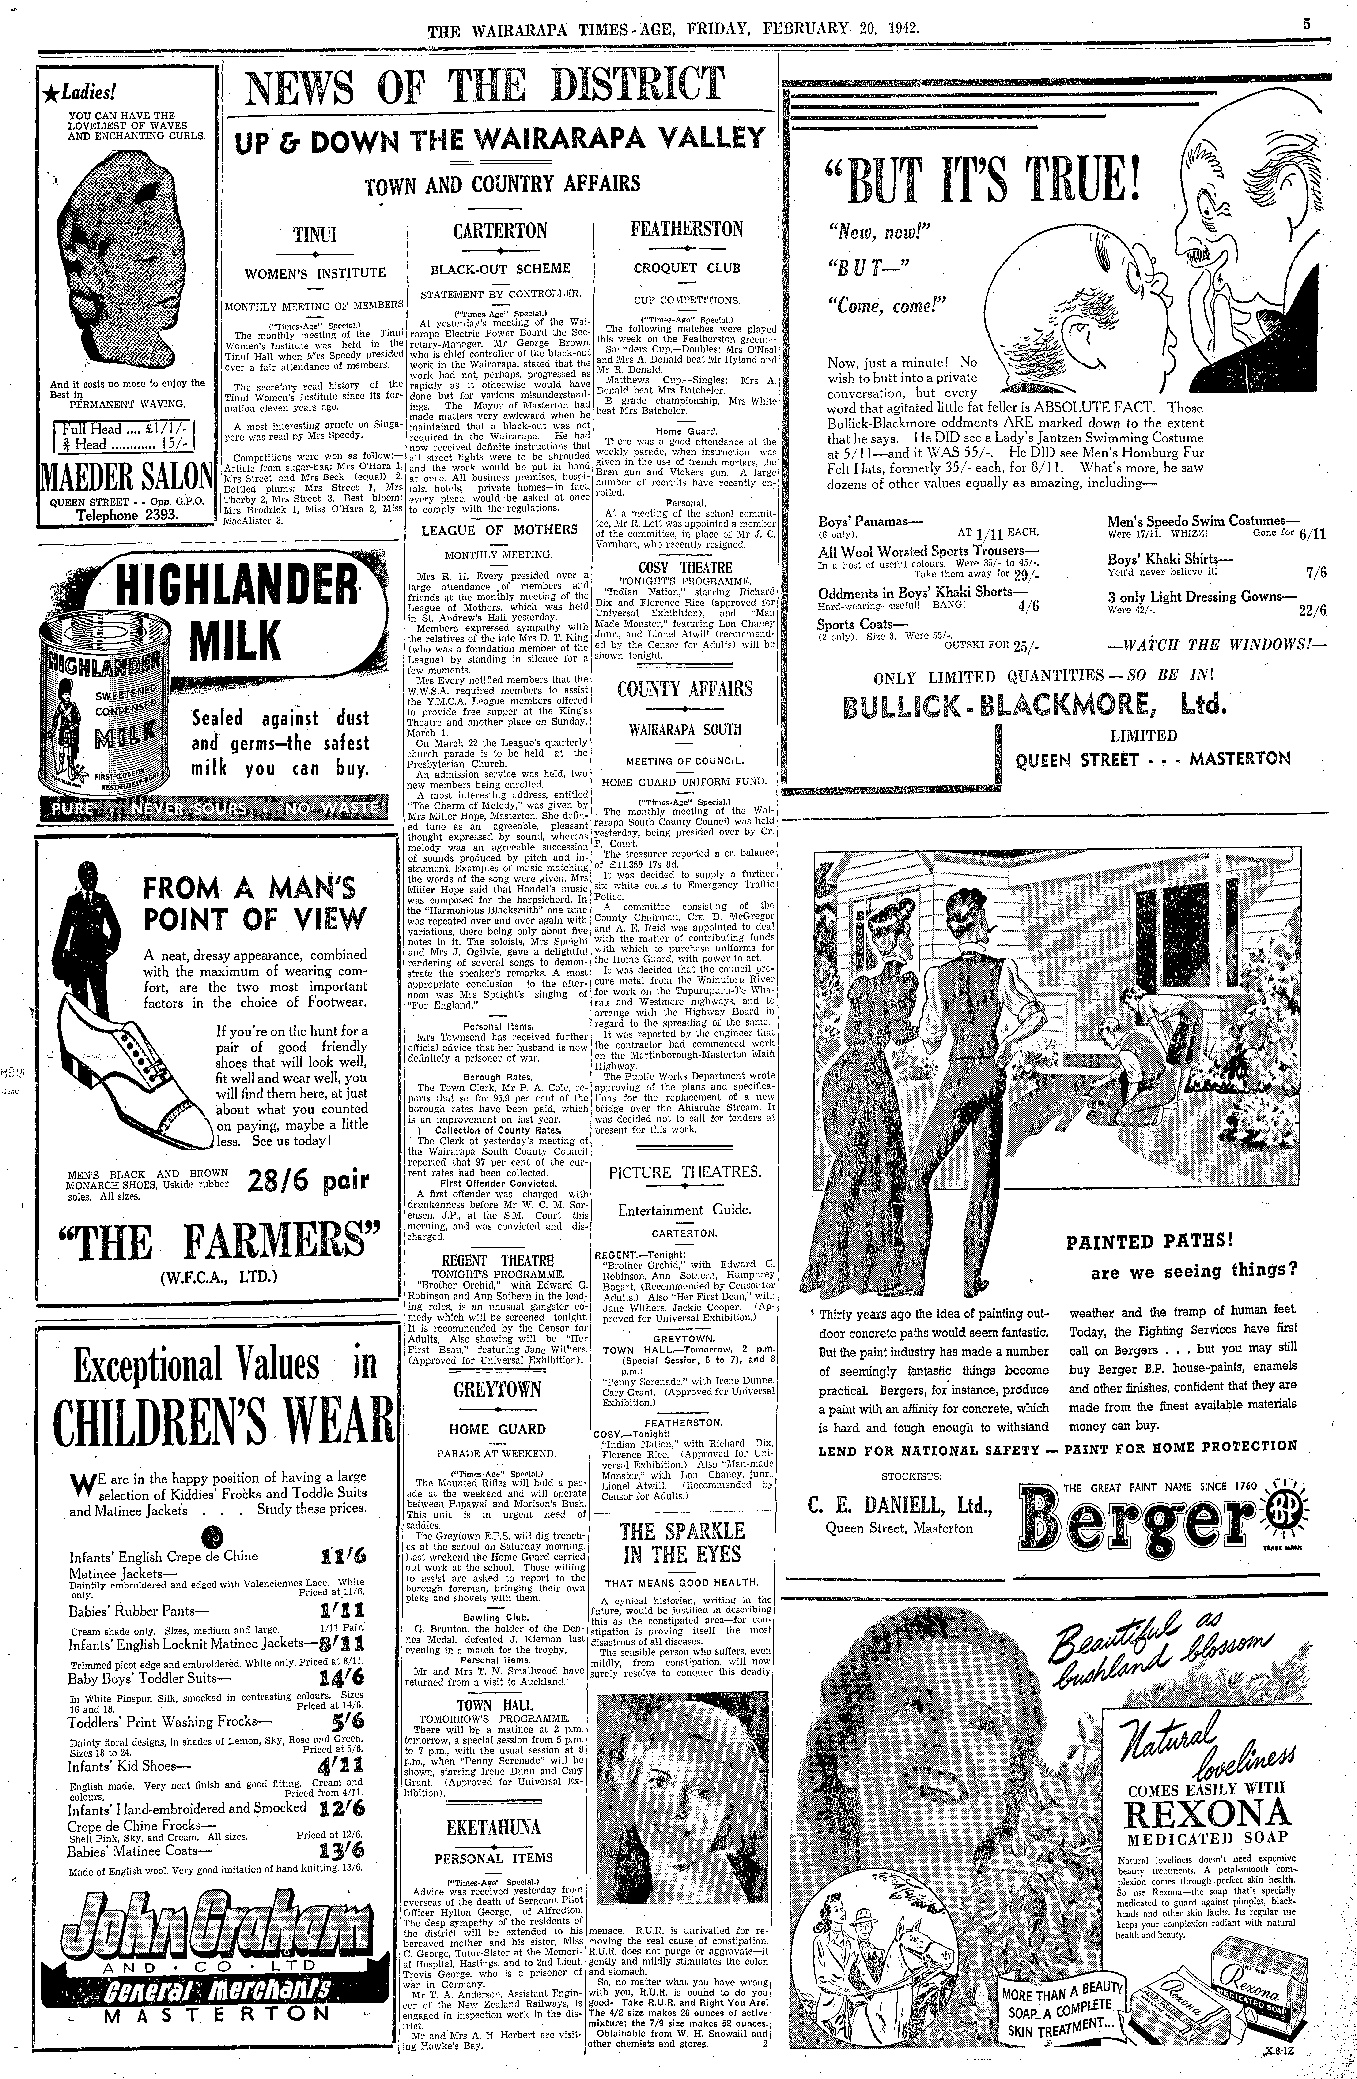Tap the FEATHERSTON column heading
pyautogui.click(x=687, y=230)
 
